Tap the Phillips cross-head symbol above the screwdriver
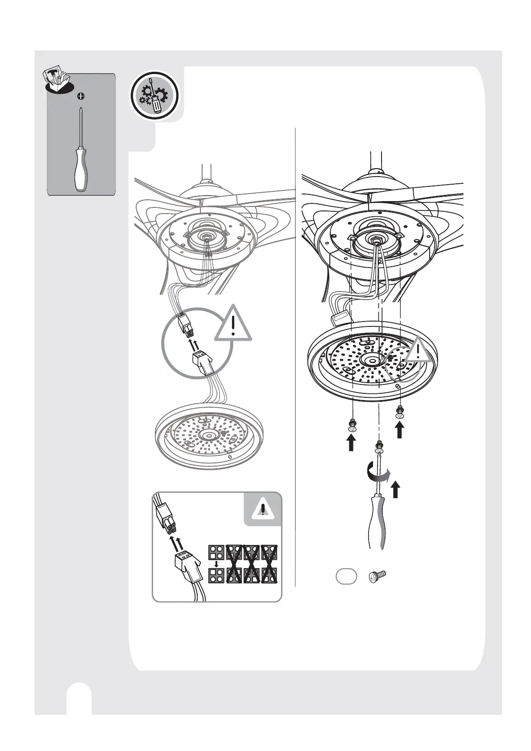pyautogui.click(x=81, y=95)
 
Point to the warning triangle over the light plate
pyautogui.click(x=418, y=351)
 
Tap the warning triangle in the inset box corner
pyautogui.click(x=263, y=509)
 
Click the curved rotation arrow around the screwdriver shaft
pyautogui.click(x=378, y=473)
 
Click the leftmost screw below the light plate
pyautogui.click(x=353, y=426)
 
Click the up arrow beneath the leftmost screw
pyautogui.click(x=352, y=443)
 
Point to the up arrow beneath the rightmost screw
pyautogui.click(x=399, y=430)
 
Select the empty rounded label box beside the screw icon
pyautogui.click(x=346, y=576)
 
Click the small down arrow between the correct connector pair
pyautogui.click(x=216, y=564)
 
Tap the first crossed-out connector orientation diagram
pyautogui.click(x=234, y=564)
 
